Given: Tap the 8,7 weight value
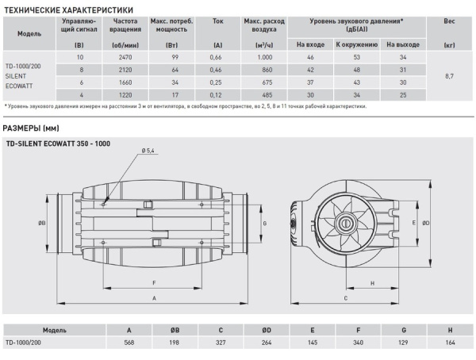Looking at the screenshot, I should (x=450, y=76).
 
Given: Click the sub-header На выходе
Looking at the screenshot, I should (x=402, y=44).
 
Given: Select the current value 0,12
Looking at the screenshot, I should (x=215, y=94).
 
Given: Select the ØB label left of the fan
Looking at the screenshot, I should (x=41, y=223).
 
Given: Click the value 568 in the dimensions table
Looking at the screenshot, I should (x=129, y=343).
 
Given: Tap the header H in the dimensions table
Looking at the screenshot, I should (x=450, y=329).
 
